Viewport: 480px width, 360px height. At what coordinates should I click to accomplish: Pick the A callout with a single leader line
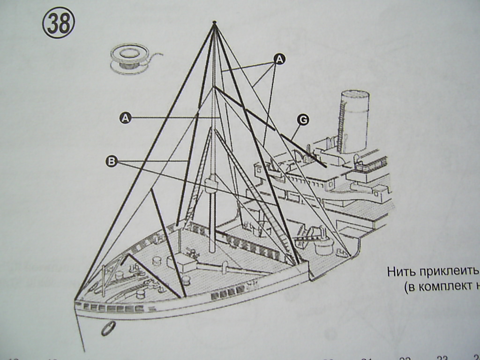pos(125,118)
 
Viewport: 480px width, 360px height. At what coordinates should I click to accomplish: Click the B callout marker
pos(112,161)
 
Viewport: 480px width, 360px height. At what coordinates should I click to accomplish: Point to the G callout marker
pos(303,120)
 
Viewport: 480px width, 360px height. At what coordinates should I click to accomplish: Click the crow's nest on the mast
pos(212,183)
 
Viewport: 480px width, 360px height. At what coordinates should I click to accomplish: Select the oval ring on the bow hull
pos(107,329)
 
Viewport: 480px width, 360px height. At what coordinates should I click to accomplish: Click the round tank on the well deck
pos(323,245)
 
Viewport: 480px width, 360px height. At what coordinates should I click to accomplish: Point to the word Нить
pos(399,272)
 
